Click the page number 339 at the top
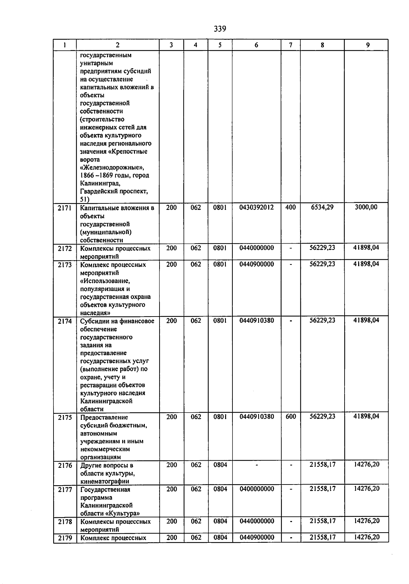(220, 29)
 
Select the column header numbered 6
(256, 45)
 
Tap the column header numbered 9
(367, 45)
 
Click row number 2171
(65, 208)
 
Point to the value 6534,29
(322, 207)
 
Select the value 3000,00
(366, 207)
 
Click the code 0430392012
(256, 207)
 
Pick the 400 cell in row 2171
(290, 207)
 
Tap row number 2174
(65, 321)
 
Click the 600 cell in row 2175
(290, 416)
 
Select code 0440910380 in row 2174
(256, 320)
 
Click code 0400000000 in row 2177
(256, 489)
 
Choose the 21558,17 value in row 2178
(322, 521)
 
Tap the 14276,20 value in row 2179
(366, 537)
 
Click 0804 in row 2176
(220, 465)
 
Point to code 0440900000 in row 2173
(256, 264)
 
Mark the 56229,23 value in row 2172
(322, 248)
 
